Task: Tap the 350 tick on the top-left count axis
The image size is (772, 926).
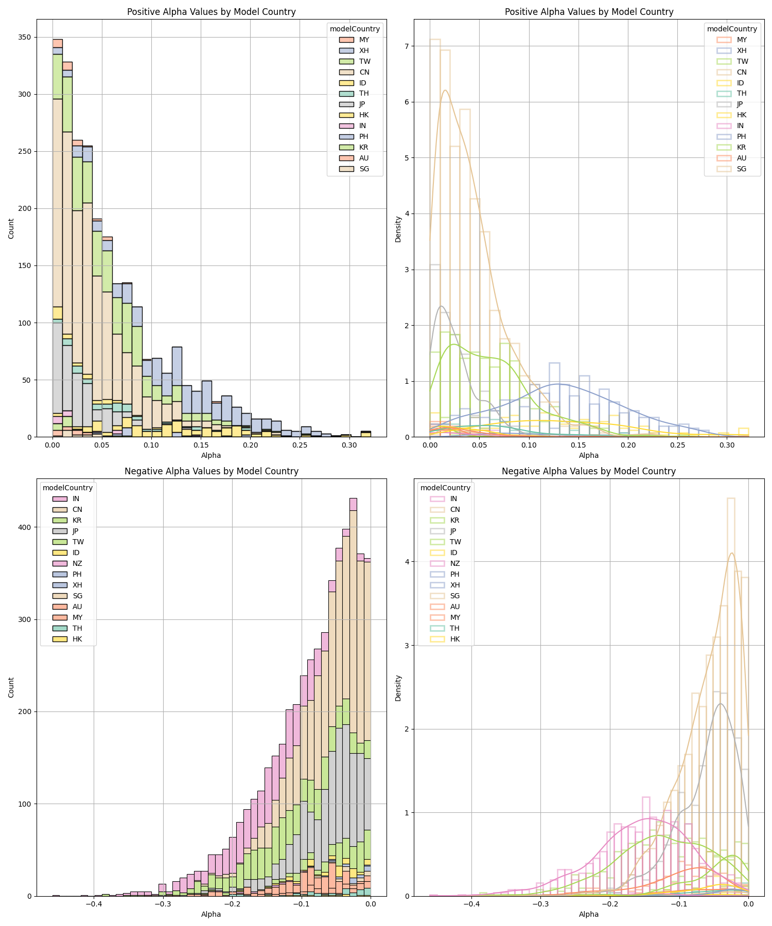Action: [24, 37]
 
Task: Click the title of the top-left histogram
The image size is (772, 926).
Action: [212, 12]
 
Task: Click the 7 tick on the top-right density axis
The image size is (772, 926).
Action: [406, 46]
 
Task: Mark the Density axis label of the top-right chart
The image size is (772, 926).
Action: [398, 229]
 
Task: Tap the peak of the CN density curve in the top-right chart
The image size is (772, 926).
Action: [445, 91]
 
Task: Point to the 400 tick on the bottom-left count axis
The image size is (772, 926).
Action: [24, 527]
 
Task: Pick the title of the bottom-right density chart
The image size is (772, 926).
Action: [589, 471]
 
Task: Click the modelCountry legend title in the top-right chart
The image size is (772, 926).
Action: [732, 29]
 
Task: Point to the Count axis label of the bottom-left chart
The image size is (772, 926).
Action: [11, 687]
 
